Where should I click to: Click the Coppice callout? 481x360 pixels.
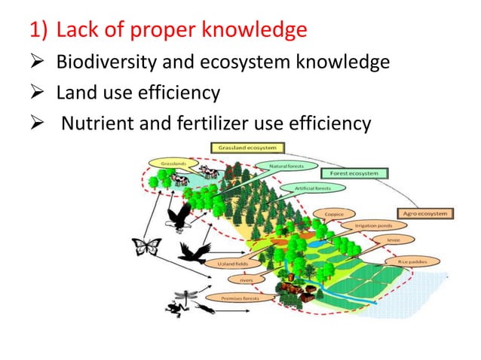[334, 214]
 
